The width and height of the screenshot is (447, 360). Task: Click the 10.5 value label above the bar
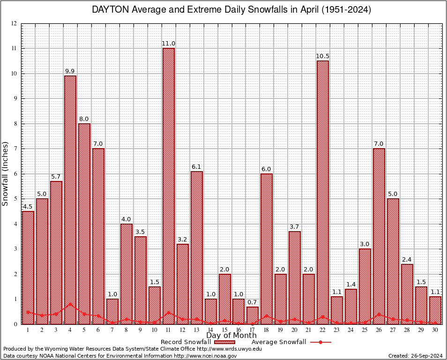point(322,56)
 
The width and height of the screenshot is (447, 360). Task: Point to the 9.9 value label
point(70,71)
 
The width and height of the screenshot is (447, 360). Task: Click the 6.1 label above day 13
point(197,167)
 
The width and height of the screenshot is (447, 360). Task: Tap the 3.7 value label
point(295,227)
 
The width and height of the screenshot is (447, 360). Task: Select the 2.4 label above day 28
point(407,260)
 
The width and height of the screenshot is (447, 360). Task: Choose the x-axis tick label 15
point(224,330)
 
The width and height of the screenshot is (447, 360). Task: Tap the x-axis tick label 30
point(435,330)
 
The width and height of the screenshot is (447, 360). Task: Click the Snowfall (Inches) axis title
point(6,173)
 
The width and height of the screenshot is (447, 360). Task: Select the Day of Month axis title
point(231,336)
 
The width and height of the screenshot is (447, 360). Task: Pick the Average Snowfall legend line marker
point(320,342)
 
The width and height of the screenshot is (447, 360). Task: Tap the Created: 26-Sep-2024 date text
point(415,356)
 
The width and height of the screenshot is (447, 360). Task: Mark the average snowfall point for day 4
point(70,304)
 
